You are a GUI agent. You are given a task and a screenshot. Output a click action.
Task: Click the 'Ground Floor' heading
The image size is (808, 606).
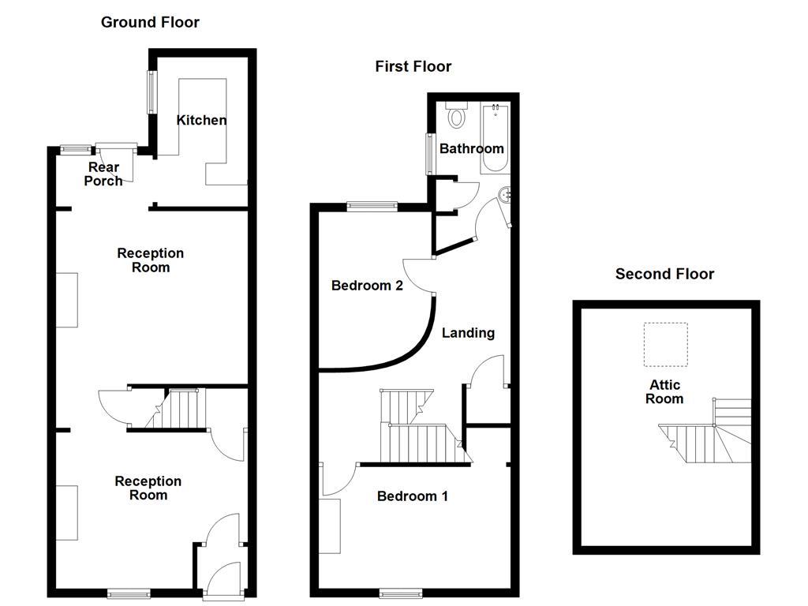[150, 22]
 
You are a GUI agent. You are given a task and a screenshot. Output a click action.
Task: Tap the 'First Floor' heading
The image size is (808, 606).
[413, 66]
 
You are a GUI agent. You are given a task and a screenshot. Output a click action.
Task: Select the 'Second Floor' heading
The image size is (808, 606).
[664, 274]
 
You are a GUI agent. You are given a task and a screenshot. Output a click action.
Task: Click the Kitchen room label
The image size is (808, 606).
[201, 120]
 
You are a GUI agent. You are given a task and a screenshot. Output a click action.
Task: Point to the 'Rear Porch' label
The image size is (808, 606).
[104, 174]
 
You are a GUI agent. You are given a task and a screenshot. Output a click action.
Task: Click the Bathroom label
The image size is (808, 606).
[471, 148]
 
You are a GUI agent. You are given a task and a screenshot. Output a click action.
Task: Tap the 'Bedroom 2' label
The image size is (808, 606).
[367, 286]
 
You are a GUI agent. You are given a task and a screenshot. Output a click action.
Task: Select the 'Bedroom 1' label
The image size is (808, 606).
[412, 496]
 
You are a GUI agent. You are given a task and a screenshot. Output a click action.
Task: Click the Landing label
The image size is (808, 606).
[468, 333]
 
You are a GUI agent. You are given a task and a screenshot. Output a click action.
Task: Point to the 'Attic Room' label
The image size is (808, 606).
[664, 391]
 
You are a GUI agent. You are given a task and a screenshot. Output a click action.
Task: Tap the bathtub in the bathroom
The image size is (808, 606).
[496, 137]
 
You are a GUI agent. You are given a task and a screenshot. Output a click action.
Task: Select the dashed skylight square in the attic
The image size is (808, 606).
[665, 345]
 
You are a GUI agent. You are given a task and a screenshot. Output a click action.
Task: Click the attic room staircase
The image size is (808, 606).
[710, 434]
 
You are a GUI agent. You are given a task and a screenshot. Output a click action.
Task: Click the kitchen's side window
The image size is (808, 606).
[148, 92]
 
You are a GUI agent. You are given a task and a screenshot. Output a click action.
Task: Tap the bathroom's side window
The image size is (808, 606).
[429, 153]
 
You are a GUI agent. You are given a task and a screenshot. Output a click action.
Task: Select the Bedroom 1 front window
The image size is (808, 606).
[401, 591]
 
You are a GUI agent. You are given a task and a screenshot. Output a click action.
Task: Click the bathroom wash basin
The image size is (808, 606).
[505, 194]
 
